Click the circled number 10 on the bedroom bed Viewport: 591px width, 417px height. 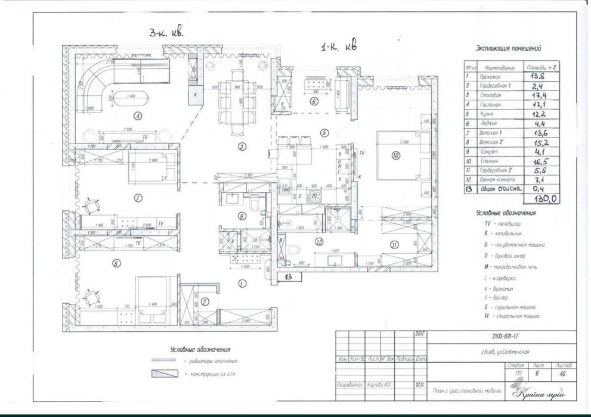(x=395, y=156)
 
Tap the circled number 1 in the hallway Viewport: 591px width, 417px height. (x=242, y=284)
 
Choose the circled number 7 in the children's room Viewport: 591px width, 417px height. (x=138, y=198)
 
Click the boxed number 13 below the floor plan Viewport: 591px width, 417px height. (x=288, y=276)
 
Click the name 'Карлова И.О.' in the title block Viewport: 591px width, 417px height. (x=379, y=385)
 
